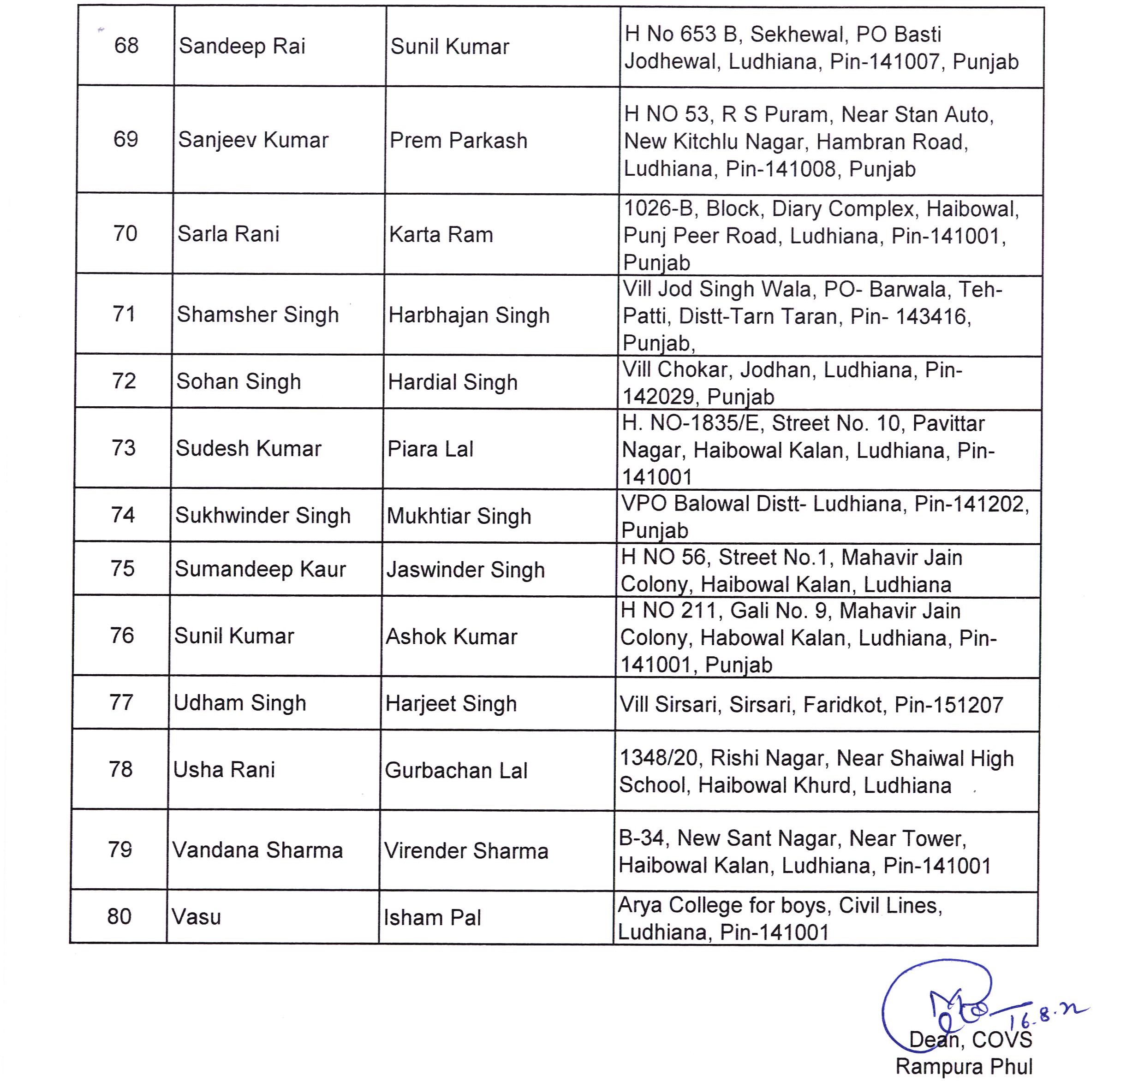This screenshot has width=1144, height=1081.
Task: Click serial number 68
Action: [x=126, y=46]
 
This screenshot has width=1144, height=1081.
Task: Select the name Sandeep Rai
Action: [x=242, y=46]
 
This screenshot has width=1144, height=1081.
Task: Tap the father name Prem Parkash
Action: [x=458, y=141]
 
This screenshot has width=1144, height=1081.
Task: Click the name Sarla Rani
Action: [x=228, y=234]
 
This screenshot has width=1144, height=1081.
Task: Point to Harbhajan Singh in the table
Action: [x=469, y=315]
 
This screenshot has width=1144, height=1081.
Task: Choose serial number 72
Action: [x=124, y=381]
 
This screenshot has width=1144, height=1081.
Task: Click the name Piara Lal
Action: [x=430, y=449]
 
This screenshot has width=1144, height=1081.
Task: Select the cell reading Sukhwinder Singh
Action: [x=263, y=516]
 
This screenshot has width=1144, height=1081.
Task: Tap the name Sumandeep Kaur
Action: [x=260, y=569]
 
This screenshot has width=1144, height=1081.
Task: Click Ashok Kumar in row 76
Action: [x=451, y=637]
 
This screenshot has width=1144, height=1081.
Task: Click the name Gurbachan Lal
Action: [x=456, y=771]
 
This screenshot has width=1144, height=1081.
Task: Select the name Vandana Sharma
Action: [x=257, y=850]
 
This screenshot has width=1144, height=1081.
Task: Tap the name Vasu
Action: [x=196, y=917]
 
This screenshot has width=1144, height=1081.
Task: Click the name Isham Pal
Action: [x=432, y=918]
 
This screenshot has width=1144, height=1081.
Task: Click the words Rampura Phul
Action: [x=964, y=1066]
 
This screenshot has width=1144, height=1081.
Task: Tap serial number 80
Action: [x=119, y=917]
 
